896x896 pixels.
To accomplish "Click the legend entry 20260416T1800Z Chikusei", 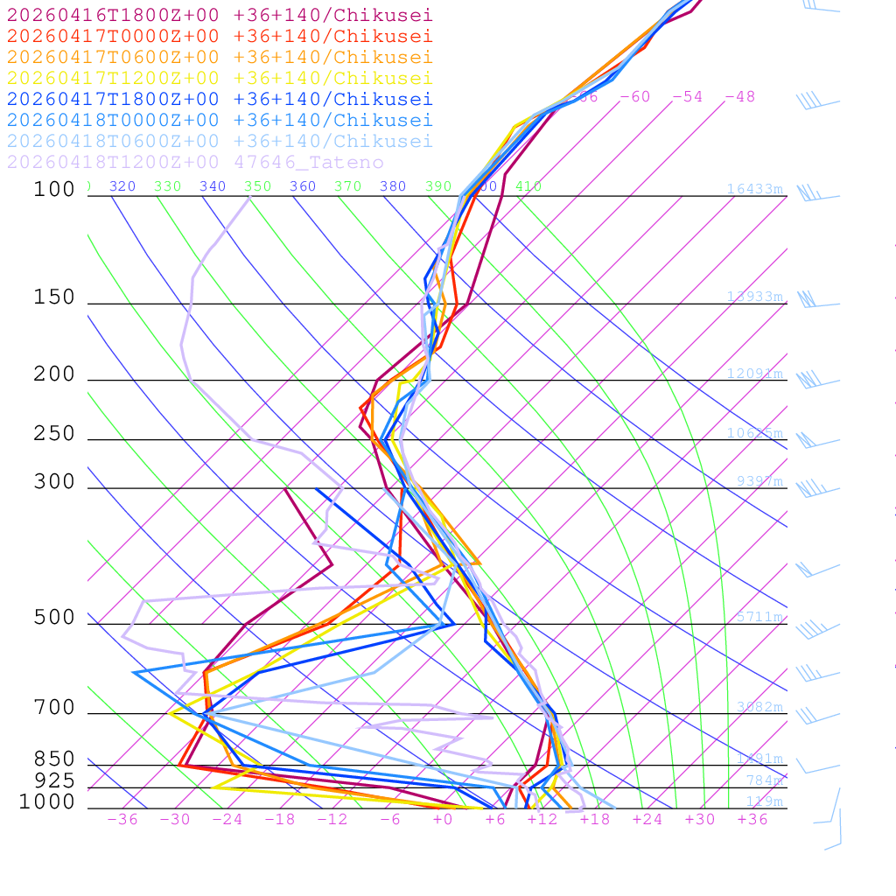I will click(x=219, y=15).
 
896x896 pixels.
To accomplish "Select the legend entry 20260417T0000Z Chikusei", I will click(x=219, y=36).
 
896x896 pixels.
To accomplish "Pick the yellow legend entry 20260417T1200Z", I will click(x=219, y=78).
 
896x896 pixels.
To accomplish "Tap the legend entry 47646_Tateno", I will click(x=194, y=162).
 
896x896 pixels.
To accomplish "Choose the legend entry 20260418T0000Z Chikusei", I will click(x=219, y=120).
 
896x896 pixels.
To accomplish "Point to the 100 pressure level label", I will click(x=54, y=189).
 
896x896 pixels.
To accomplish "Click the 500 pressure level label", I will click(x=54, y=618).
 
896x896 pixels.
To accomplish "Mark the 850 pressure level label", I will click(x=54, y=759).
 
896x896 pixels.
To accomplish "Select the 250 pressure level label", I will click(x=54, y=434).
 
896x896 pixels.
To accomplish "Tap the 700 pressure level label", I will click(x=54, y=708).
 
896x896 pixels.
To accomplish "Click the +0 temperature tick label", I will click(x=443, y=819).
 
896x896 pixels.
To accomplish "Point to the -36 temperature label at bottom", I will click(x=122, y=819).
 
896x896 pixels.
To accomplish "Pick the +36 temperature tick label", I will click(x=752, y=819).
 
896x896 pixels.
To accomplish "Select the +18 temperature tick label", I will click(x=595, y=819).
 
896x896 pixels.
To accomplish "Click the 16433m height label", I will click(x=755, y=189).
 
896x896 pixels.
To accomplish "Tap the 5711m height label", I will click(x=759, y=617).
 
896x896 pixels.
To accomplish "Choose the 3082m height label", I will click(x=759, y=706).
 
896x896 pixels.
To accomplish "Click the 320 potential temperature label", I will click(x=122, y=186).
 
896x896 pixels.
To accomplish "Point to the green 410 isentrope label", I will click(x=528, y=186).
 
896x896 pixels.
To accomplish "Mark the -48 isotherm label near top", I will click(x=739, y=96).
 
